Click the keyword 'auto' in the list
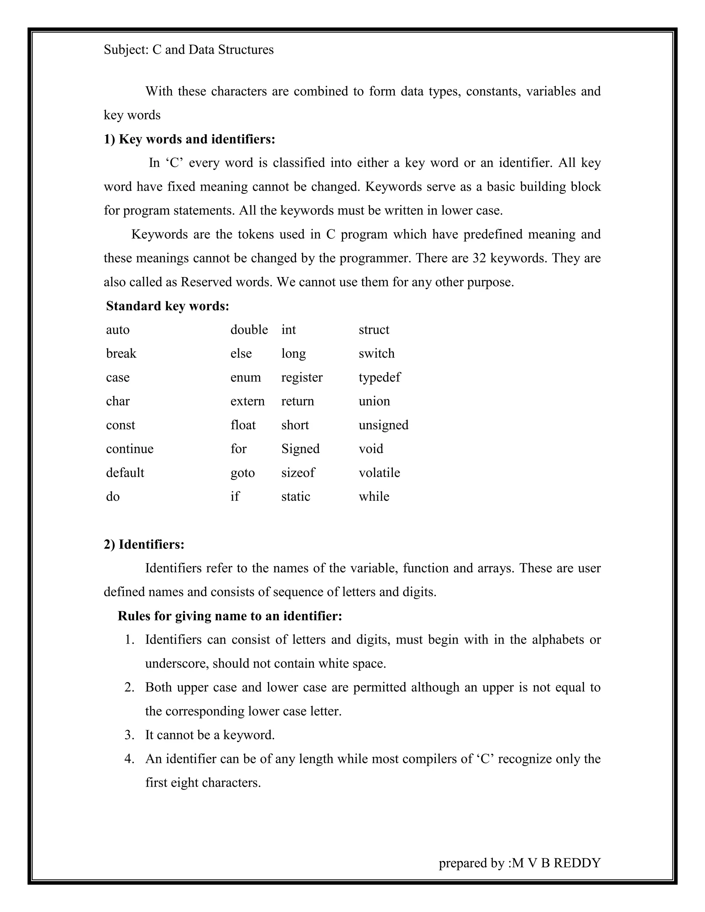coord(118,330)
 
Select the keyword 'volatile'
coord(379,473)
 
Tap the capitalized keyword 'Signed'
coord(300,449)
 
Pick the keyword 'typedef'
coord(379,378)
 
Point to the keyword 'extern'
coord(247,401)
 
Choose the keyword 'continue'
coord(129,449)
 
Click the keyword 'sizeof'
coord(298,473)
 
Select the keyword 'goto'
coord(242,473)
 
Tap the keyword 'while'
coord(374,497)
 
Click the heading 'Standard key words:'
coord(168,306)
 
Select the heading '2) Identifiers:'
coord(144,544)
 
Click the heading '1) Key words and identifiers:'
coord(190,139)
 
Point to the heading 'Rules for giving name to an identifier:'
coord(230,616)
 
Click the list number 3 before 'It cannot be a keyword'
coord(129,735)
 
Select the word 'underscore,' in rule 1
coord(177,664)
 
